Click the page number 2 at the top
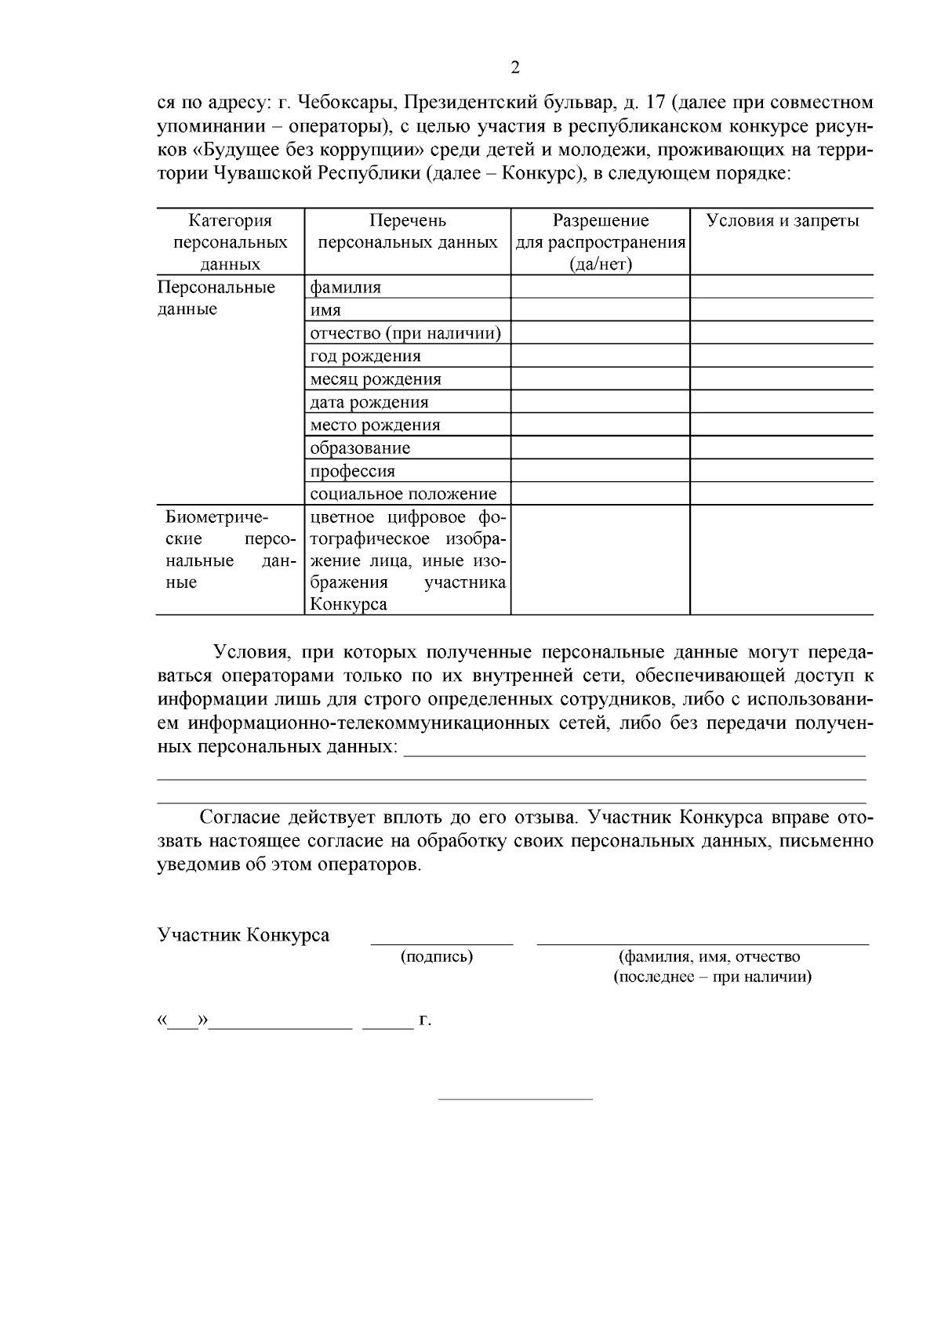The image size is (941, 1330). pyautogui.click(x=515, y=68)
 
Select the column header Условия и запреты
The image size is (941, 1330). pyautogui.click(x=782, y=220)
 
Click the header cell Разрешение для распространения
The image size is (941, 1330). pyautogui.click(x=600, y=241)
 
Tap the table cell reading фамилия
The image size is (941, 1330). pyautogui.click(x=346, y=287)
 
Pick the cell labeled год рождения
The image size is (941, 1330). pyautogui.click(x=365, y=356)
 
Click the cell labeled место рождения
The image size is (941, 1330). pyautogui.click(x=375, y=425)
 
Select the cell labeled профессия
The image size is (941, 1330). pyautogui.click(x=352, y=471)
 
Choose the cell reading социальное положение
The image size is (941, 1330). pyautogui.click(x=403, y=494)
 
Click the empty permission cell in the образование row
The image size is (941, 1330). pyautogui.click(x=600, y=448)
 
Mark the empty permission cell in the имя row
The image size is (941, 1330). pyautogui.click(x=600, y=310)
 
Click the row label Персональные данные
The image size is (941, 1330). pyautogui.click(x=216, y=298)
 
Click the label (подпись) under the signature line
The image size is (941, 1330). pyautogui.click(x=437, y=956)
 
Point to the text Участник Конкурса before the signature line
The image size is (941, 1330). pyautogui.click(x=243, y=935)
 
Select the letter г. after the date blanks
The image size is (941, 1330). pyautogui.click(x=425, y=1020)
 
